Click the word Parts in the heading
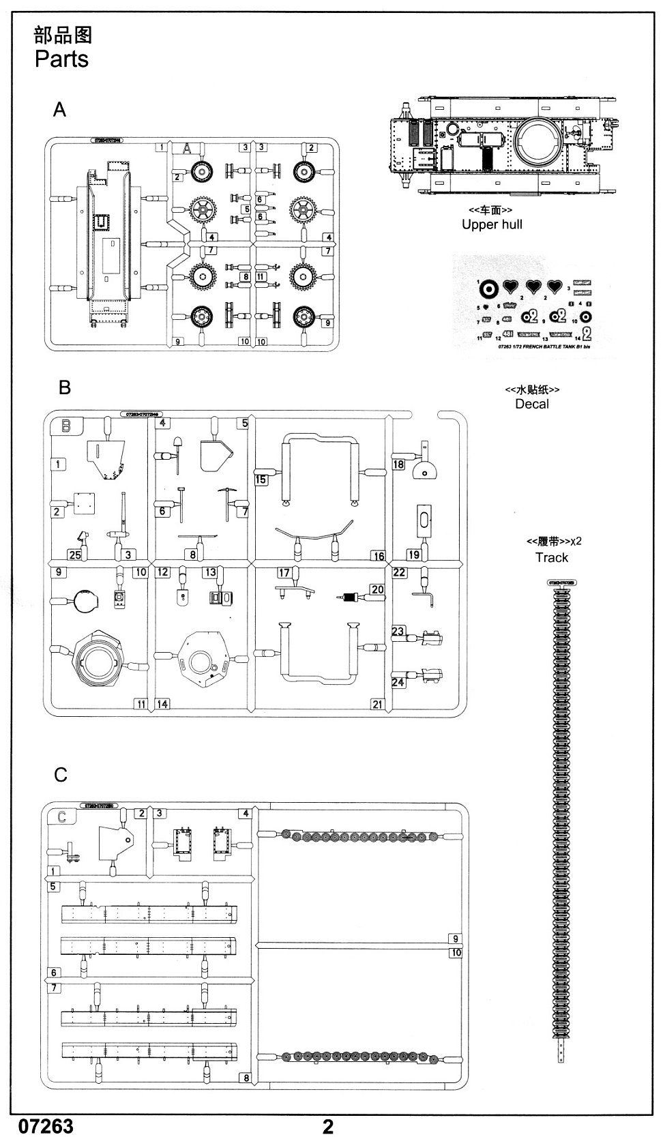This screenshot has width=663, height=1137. click(61, 59)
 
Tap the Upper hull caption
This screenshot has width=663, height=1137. click(492, 224)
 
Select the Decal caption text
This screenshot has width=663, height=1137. click(531, 404)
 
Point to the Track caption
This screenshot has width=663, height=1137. click(551, 557)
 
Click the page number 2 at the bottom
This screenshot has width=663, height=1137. click(328, 1126)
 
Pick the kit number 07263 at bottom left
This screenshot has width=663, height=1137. click(46, 1125)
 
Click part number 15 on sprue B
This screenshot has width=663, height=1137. click(261, 479)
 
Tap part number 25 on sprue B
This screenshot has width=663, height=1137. click(74, 555)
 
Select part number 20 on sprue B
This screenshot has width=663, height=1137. click(377, 589)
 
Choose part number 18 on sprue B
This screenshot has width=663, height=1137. click(398, 464)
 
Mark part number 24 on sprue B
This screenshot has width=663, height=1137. click(398, 681)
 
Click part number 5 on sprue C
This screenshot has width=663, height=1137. click(53, 886)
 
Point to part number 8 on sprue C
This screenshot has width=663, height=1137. click(245, 1078)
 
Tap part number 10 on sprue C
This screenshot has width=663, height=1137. click(456, 953)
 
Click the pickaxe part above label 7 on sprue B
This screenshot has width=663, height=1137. click(227, 492)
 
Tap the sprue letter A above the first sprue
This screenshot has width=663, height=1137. click(60, 109)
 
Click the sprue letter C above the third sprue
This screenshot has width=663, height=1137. click(61, 775)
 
